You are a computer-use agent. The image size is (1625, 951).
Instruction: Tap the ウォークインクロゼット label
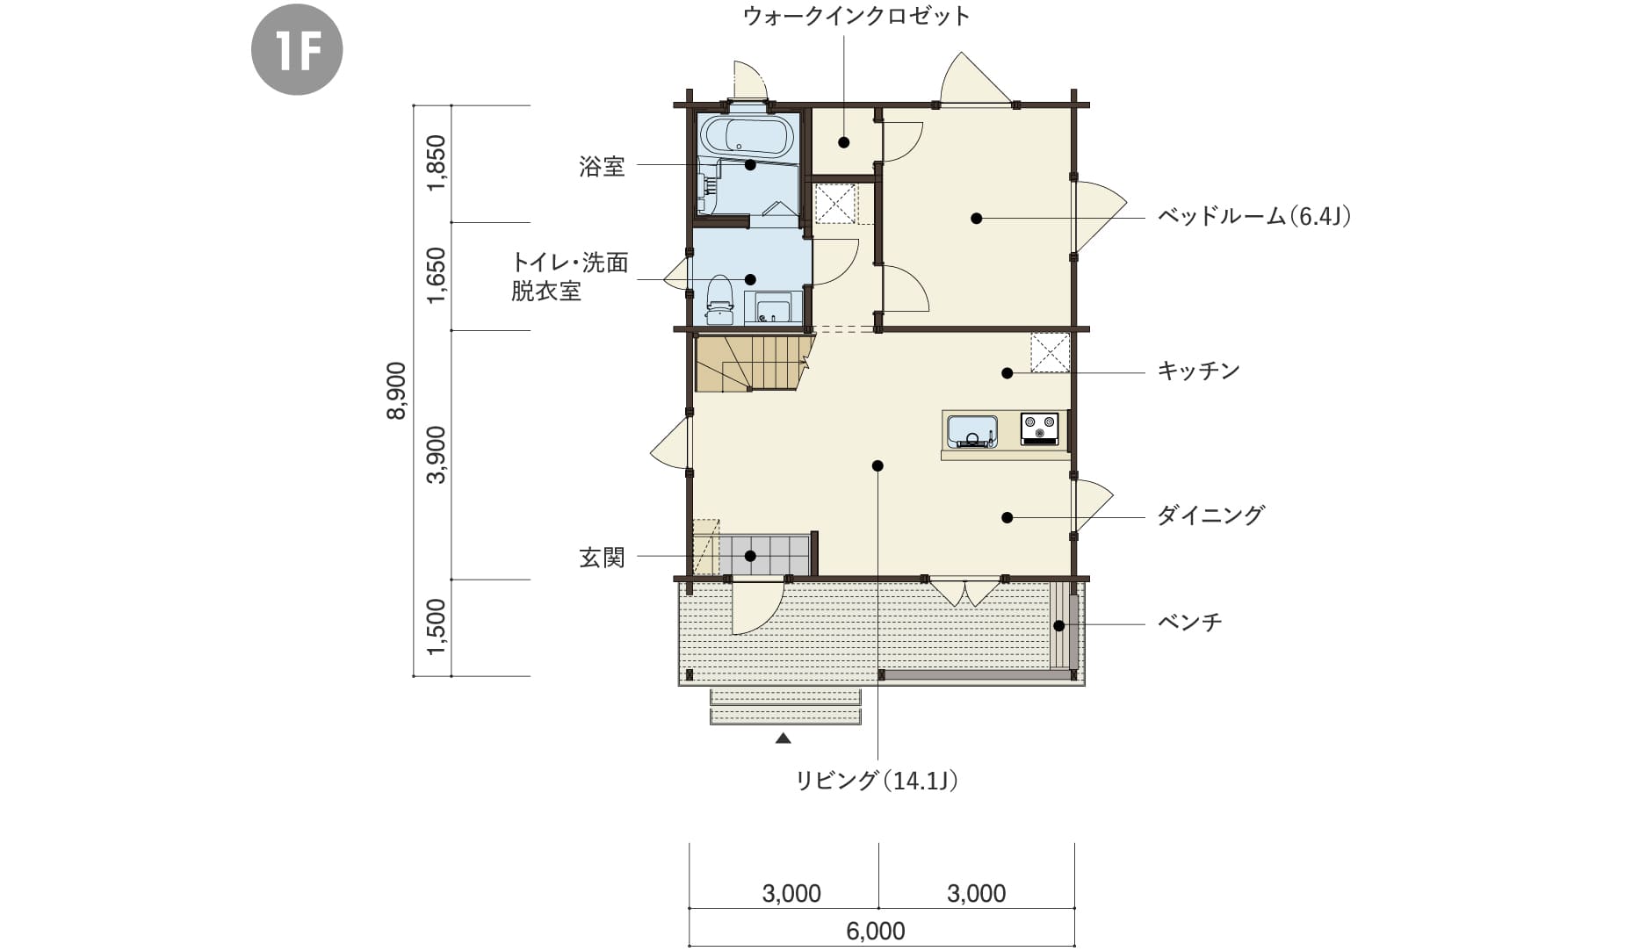[x=856, y=16]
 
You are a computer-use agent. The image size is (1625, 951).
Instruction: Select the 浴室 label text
[x=602, y=166]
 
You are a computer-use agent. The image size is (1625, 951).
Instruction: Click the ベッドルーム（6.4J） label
[x=1253, y=216]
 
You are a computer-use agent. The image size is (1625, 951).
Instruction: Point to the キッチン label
[x=1198, y=371]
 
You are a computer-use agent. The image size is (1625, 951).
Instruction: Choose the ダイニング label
[x=1210, y=515]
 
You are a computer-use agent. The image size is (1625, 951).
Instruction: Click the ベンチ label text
[x=1189, y=623]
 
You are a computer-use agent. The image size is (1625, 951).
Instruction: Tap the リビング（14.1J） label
[x=876, y=780]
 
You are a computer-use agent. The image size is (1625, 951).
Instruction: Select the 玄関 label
[x=602, y=557]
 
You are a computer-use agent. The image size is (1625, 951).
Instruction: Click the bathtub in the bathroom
[x=747, y=135]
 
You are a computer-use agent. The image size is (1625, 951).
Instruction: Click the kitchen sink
[x=971, y=431]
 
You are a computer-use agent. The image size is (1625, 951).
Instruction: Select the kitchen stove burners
[x=1040, y=428]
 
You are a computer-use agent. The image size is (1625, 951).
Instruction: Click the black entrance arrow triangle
[x=784, y=739]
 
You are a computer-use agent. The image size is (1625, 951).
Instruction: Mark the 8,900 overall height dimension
[x=396, y=390]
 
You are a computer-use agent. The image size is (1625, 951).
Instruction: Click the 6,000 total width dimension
[x=875, y=931]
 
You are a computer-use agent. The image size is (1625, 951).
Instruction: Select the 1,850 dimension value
[x=437, y=162]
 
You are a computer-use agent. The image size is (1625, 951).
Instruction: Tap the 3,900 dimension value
[x=437, y=454]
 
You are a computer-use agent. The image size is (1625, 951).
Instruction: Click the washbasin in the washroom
[x=774, y=308]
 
